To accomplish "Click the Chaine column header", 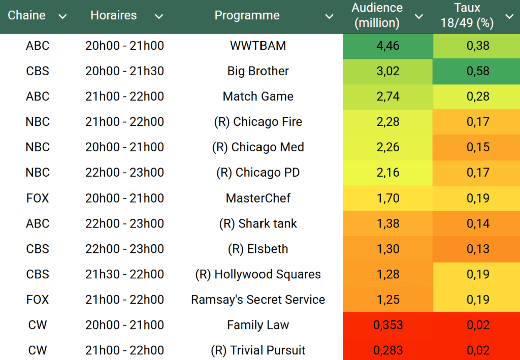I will point(27,15).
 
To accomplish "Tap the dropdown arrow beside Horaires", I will point(159,17).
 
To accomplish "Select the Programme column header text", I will point(247,15).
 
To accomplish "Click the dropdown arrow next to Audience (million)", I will point(419,17).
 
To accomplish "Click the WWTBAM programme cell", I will point(258,46).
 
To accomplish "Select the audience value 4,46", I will point(388,46).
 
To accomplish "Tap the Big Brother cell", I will point(258,71).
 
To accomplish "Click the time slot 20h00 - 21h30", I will point(124,71).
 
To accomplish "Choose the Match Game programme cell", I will point(258,96).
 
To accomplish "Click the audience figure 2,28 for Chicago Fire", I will point(388,122).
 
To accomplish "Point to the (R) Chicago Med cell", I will point(258,147).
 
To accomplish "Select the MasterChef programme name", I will point(258,198).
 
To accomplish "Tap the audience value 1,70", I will point(388,198).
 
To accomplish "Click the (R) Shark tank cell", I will point(258,223).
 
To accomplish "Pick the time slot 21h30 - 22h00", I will point(124,274).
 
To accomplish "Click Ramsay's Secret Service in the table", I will point(258,300).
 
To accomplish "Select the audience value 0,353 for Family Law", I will point(388,325).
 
